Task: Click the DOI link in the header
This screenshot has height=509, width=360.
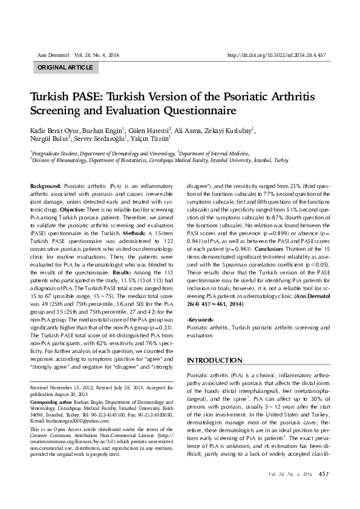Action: tap(276, 54)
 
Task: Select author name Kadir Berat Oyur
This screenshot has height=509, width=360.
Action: tap(56, 130)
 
